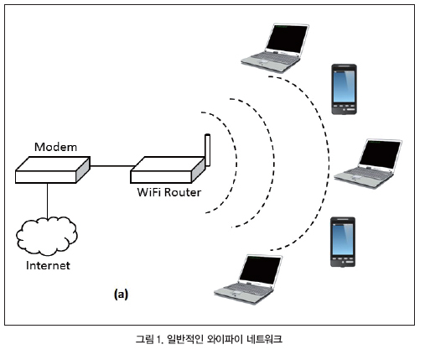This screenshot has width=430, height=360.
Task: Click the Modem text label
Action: pos(55,147)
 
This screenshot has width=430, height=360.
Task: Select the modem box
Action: pos(53,170)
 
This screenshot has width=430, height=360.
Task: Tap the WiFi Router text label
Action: pos(169,192)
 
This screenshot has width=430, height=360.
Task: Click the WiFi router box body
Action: pos(168,170)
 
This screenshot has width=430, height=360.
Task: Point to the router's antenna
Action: pos(208,150)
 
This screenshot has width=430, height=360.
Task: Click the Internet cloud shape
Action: pos(47,236)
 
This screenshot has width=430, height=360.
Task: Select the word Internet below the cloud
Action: pos(48,265)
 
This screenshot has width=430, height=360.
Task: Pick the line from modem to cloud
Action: pos(47,201)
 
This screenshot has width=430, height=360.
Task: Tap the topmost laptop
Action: pos(275,48)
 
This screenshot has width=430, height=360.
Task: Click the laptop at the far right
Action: pos(368,164)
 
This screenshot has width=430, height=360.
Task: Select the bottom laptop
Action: pos(248,279)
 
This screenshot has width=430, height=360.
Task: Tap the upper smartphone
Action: pos(344,89)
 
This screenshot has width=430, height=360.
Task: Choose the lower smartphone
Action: pos(343,242)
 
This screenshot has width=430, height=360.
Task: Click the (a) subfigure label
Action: pos(121,295)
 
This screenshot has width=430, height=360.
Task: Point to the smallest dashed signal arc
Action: pos(236,162)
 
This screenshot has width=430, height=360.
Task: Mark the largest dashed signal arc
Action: pos(329,162)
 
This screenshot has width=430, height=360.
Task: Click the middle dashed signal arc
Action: pos(274,162)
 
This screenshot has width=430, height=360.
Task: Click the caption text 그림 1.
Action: pos(149,339)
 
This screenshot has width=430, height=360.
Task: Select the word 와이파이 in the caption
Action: pos(225,339)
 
